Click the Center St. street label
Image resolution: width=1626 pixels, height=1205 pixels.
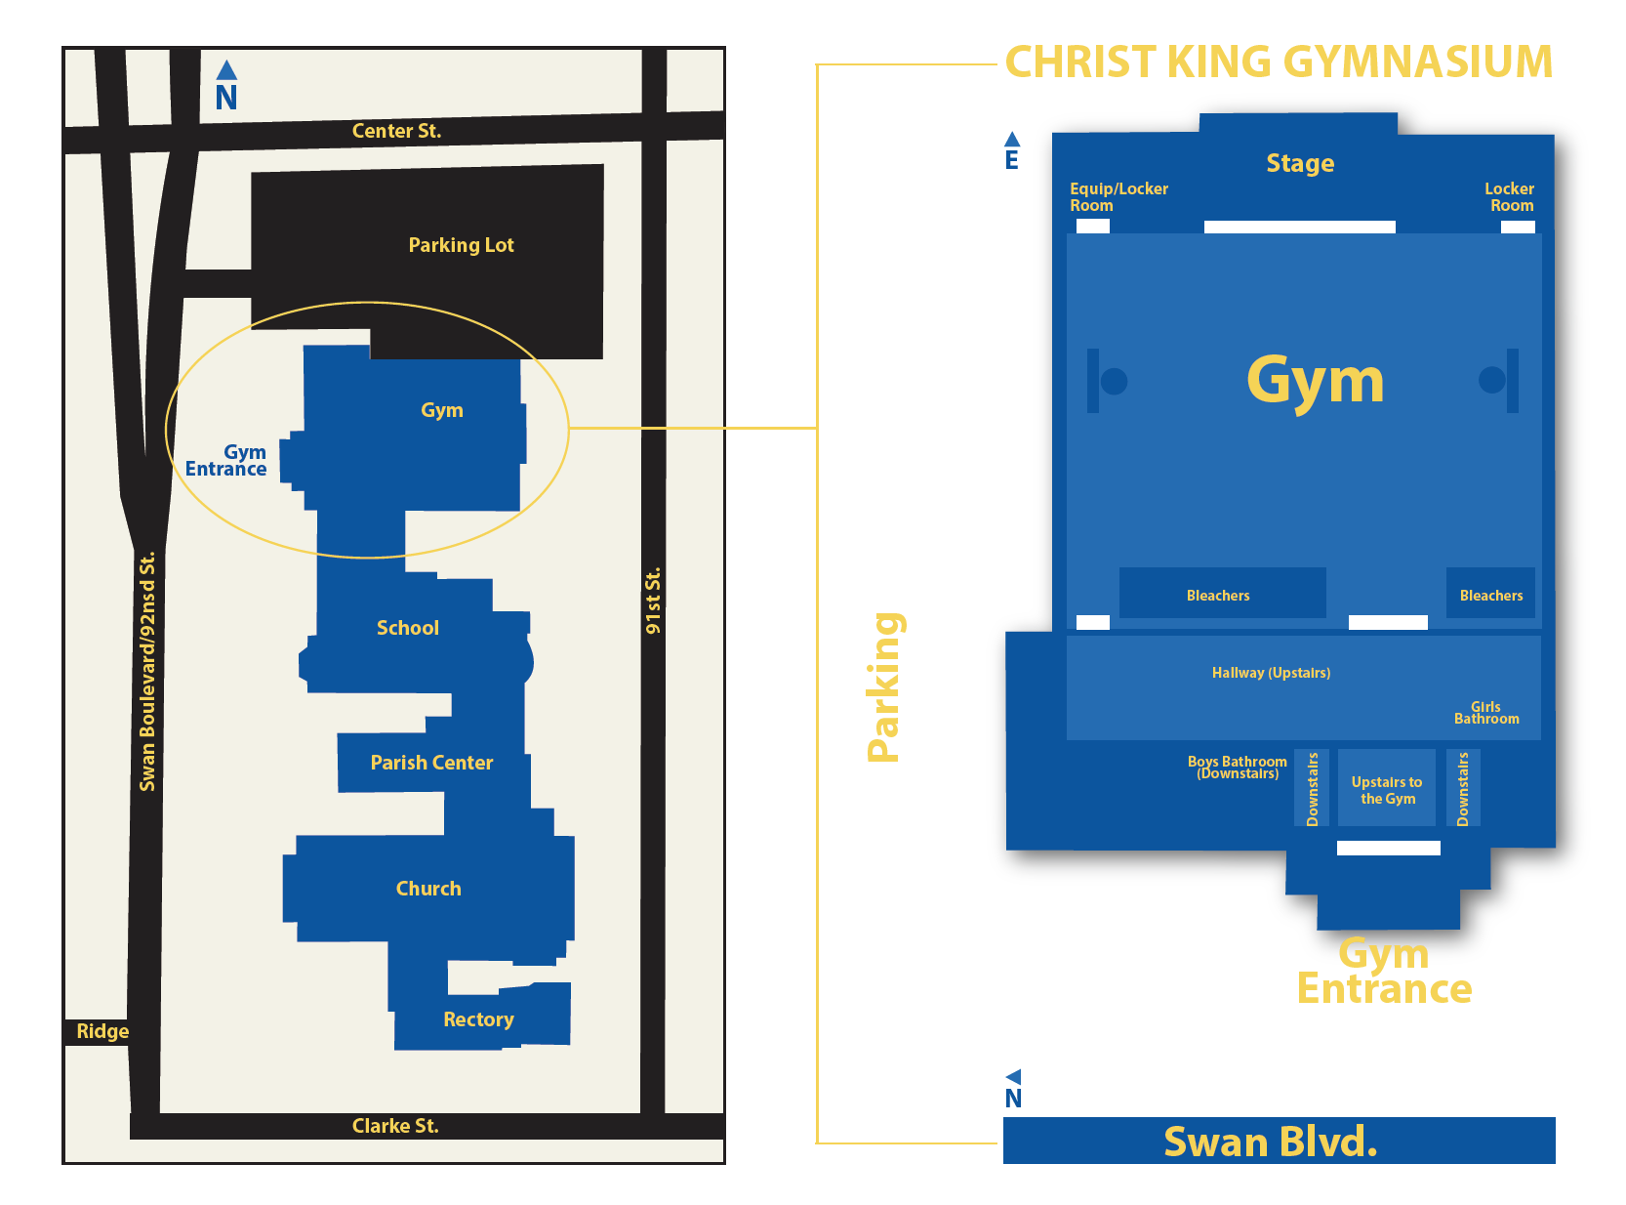(x=396, y=131)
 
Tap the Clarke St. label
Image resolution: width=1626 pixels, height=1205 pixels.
(x=395, y=1126)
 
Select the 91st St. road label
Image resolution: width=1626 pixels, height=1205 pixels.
(x=653, y=601)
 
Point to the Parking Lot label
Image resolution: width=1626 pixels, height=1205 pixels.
(x=461, y=245)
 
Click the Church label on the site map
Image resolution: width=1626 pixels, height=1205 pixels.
(x=428, y=889)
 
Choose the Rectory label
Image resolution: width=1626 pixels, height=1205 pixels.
(x=478, y=1019)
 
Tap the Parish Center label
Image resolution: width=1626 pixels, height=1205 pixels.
(x=431, y=763)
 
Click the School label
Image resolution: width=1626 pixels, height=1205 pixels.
(x=408, y=628)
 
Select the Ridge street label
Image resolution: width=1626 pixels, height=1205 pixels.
(x=102, y=1031)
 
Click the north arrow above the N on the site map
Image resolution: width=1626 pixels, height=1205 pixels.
(x=226, y=70)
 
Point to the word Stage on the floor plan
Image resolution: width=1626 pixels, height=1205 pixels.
(x=1300, y=163)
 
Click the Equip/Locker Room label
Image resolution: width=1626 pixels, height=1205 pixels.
(x=1118, y=196)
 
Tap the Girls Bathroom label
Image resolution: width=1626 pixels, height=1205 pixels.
(x=1486, y=713)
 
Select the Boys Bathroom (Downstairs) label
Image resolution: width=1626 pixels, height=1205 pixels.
(x=1237, y=768)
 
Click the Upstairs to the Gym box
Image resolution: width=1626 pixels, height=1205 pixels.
(x=1387, y=789)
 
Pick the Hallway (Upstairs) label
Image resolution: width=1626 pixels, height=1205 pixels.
(x=1271, y=673)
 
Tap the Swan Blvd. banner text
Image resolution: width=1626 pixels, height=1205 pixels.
(x=1271, y=1142)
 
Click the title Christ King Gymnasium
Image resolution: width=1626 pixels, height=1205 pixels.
(x=1279, y=62)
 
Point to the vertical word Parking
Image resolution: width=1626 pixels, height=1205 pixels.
(x=884, y=687)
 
